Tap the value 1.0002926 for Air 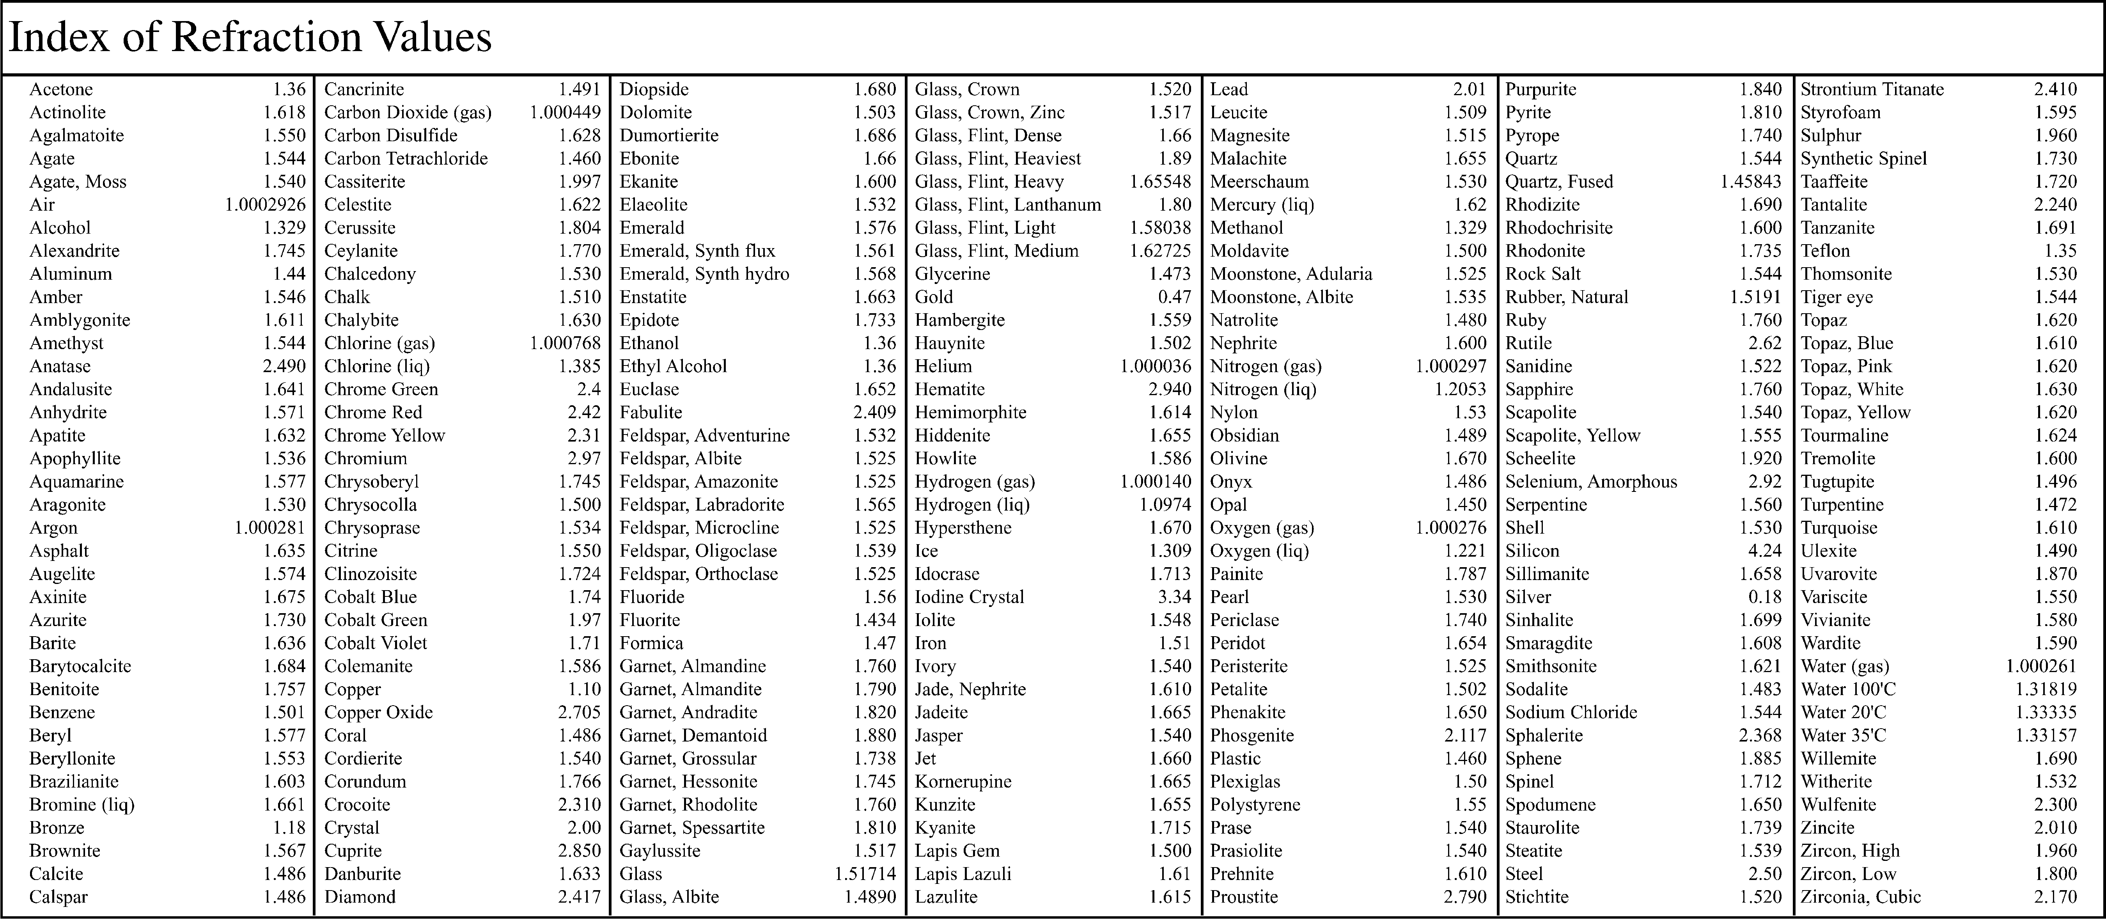point(265,204)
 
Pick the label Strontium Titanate point(1872,89)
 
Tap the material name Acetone point(61,89)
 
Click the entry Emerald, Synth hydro point(704,274)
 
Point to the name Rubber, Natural point(1566,297)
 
